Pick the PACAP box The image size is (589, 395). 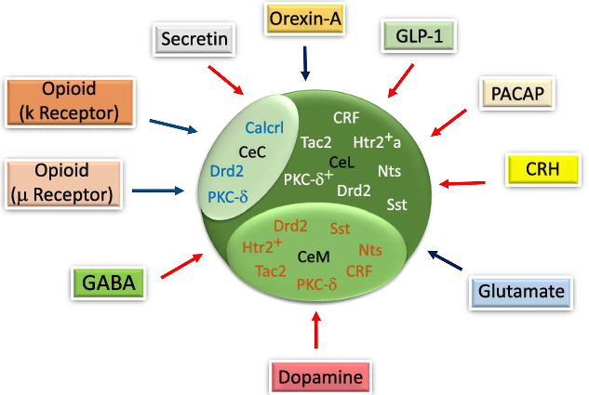click(x=518, y=94)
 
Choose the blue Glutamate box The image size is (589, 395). click(x=520, y=292)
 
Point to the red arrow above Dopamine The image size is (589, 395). click(x=317, y=330)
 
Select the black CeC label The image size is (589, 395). click(x=252, y=151)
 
